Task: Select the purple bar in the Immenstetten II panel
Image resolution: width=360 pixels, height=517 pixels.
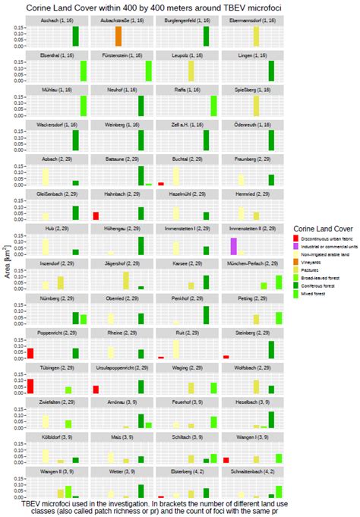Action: tap(233, 245)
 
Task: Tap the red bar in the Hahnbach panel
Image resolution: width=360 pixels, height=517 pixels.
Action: tap(96, 216)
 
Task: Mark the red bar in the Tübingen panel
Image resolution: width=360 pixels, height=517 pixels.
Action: tap(30, 386)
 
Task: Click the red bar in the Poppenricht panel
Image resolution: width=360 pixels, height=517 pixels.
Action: tap(30, 353)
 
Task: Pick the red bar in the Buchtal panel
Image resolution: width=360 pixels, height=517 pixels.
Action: tap(162, 184)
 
